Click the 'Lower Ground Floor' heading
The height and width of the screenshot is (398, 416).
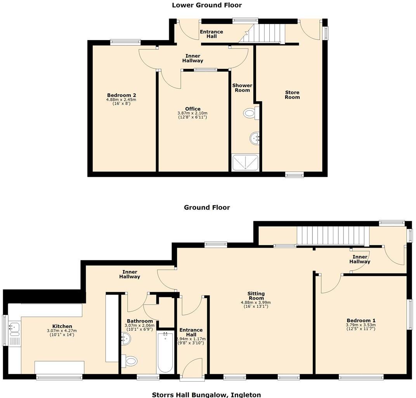pyautogui.click(x=207, y=5)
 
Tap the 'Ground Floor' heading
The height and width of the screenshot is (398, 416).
pyautogui.click(x=207, y=208)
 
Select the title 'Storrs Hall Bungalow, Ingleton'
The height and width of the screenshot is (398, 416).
pyautogui.click(x=206, y=395)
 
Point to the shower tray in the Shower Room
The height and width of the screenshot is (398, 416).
pyautogui.click(x=245, y=163)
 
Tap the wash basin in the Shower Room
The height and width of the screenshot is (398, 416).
pyautogui.click(x=254, y=138)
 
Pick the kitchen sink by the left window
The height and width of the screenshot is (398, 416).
pyautogui.click(x=15, y=328)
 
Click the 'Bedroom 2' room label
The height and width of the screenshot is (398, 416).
pyautogui.click(x=121, y=95)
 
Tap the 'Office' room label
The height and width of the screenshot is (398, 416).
pyautogui.click(x=192, y=109)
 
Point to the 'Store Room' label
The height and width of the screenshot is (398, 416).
pyautogui.click(x=292, y=95)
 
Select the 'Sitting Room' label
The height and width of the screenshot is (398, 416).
pyautogui.click(x=256, y=296)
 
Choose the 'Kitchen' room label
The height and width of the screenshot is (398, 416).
pyautogui.click(x=62, y=326)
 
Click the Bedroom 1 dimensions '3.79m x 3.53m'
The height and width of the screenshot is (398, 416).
pyautogui.click(x=361, y=325)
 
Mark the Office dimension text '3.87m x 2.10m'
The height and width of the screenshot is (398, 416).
pyautogui.click(x=192, y=113)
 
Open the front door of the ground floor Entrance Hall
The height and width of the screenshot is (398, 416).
pyautogui.click(x=192, y=368)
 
